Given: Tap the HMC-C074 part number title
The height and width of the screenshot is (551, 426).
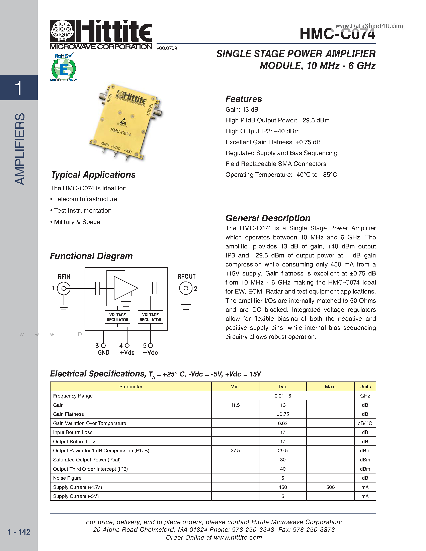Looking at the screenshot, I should point(337,34).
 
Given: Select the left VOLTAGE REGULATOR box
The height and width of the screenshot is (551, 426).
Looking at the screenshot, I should point(117,317).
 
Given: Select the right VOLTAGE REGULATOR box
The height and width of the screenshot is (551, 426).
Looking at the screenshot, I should point(150,317).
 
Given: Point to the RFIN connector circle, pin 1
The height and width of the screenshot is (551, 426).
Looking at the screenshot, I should point(64,288).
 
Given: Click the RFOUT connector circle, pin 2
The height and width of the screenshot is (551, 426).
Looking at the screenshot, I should point(186,288).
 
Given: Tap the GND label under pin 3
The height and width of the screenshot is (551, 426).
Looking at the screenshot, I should point(103,352).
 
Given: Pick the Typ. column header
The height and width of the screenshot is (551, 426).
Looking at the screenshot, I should point(283,387).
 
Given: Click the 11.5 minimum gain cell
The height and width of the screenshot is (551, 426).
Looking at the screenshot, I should point(235,405).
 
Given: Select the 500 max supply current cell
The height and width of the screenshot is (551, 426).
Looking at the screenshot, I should point(330,487).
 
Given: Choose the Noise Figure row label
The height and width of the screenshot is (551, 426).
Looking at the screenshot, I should point(67,478).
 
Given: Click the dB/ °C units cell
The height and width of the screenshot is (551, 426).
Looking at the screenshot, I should point(365,423).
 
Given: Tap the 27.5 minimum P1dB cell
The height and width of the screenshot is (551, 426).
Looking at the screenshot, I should point(235,451).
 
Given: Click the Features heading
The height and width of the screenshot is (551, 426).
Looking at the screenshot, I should point(244,99).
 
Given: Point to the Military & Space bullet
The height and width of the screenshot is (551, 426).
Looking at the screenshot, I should point(77,222).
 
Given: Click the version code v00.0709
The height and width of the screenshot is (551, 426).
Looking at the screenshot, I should point(167,48).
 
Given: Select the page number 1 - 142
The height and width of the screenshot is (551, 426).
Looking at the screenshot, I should point(19,532).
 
